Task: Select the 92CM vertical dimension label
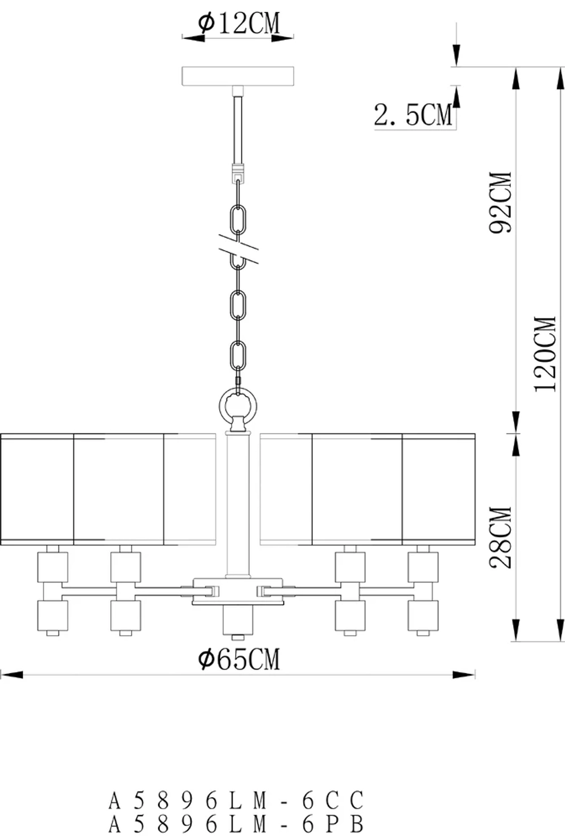point(501,202)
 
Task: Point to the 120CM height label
point(546,353)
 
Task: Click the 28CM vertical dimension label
point(501,537)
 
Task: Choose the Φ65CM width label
point(238,659)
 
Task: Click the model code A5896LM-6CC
point(236,801)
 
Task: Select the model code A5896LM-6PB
point(236,825)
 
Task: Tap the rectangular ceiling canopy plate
point(238,76)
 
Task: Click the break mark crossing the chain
point(237,249)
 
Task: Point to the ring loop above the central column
point(238,406)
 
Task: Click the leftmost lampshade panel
point(37,489)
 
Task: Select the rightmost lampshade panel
point(438,489)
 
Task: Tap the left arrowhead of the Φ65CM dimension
point(11,674)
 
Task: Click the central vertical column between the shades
point(238,502)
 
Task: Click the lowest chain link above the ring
point(238,356)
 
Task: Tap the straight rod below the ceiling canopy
point(238,130)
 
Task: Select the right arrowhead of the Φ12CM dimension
point(282,38)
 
